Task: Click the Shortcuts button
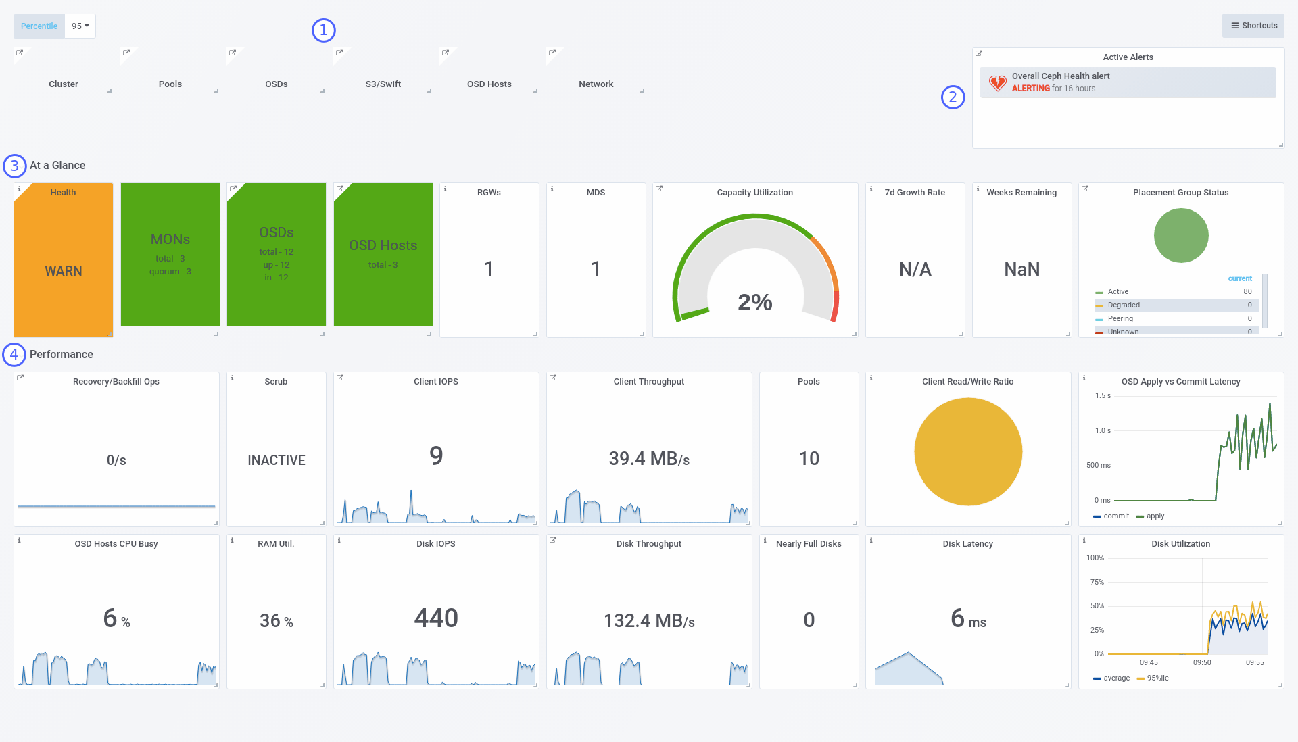tap(1253, 26)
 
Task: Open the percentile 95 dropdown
tap(80, 26)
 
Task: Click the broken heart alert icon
tap(997, 82)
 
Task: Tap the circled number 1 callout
tap(324, 30)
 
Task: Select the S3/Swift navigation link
tap(383, 84)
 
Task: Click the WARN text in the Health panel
tap(64, 271)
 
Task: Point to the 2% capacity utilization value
tap(755, 302)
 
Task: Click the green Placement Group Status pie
tap(1181, 236)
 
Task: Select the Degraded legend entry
tap(1124, 305)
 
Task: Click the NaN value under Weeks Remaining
tap(1021, 270)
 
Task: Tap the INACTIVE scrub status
tap(277, 460)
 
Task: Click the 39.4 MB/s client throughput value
tap(649, 459)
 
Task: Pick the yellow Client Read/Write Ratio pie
tap(968, 451)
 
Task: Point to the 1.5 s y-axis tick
tap(1103, 396)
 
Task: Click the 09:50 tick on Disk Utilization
tap(1202, 662)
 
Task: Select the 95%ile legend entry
tap(1157, 678)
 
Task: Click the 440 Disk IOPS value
tap(436, 618)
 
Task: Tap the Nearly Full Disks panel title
tap(809, 544)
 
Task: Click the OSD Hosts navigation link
tap(489, 84)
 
